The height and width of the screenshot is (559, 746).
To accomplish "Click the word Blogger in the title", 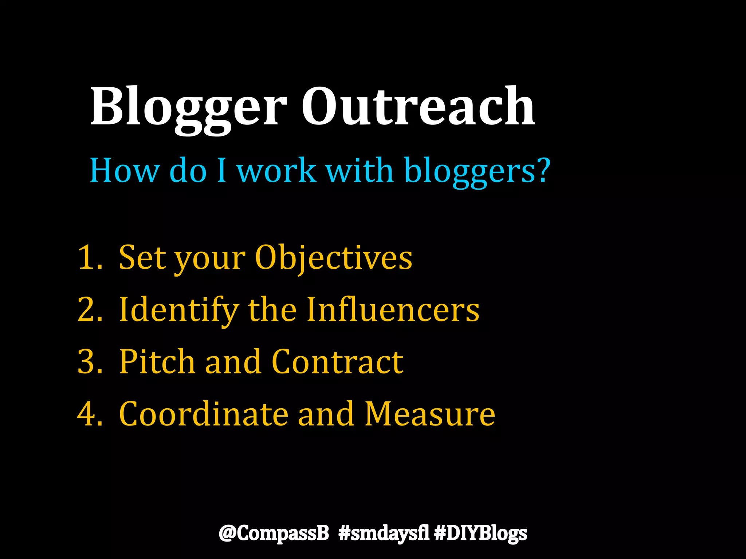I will coord(189,107).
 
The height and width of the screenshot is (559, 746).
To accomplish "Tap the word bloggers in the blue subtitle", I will coord(477,171).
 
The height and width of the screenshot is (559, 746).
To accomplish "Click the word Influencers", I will coord(393,309).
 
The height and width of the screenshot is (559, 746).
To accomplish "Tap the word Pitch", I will coord(157,361).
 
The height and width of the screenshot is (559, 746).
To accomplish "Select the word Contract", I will coord(337,361).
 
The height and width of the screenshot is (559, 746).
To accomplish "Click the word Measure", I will coord(430,414).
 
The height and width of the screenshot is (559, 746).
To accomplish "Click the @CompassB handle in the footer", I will coord(274,533).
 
